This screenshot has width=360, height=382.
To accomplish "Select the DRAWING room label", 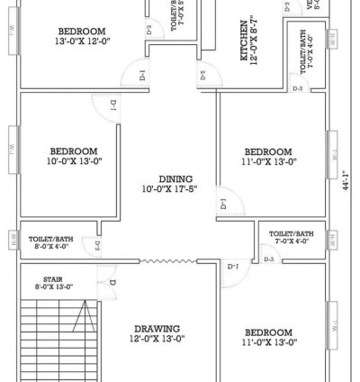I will coord(158,328).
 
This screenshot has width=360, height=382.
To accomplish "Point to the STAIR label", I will coord(53,279).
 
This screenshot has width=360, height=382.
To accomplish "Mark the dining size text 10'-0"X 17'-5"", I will coord(168,189).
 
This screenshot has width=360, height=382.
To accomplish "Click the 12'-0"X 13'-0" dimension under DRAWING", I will coord(158,339).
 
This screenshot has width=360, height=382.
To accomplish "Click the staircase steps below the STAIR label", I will coord(54,338).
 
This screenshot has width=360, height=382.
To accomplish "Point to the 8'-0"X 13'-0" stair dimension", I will coord(53,286).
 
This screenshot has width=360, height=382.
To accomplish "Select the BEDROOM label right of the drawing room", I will coord(266,332).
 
